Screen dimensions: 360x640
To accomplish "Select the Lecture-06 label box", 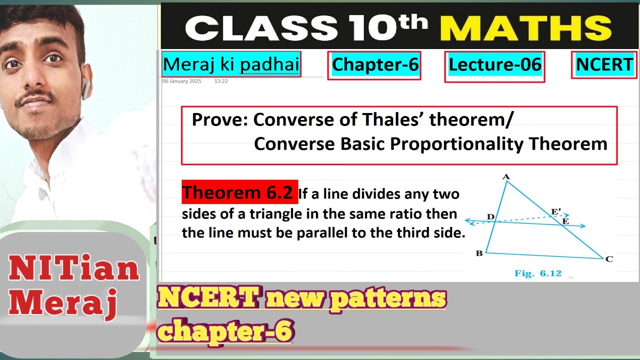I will [494, 65].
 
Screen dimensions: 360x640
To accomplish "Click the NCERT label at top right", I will [604, 64].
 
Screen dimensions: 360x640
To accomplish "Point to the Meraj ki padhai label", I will [231, 64].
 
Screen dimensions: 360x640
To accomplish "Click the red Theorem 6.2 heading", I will [239, 192].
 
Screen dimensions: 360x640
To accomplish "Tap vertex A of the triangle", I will [506, 177].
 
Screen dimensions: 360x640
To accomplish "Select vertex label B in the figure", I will [479, 253].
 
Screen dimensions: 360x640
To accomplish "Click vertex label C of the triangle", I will [608, 259].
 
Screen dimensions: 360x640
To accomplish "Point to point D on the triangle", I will [491, 217].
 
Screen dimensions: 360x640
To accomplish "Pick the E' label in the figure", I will [555, 212].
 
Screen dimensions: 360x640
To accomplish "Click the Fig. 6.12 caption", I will [537, 273].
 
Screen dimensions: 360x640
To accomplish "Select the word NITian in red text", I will [73, 269].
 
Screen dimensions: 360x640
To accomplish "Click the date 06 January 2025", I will [182, 81].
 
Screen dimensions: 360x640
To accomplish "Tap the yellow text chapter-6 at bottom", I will [225, 330].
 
